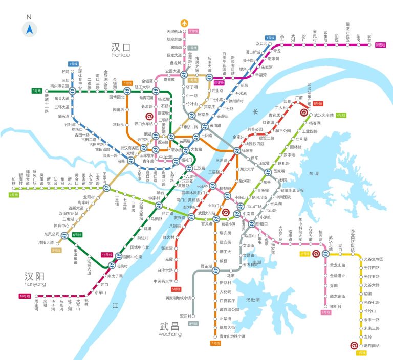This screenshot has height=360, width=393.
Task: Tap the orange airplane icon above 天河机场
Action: pos(185,23)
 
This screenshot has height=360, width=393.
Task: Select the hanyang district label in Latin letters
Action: pos(35,284)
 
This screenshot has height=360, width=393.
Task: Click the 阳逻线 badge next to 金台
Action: pos(381,46)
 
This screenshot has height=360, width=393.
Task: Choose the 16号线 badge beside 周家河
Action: pos(24,296)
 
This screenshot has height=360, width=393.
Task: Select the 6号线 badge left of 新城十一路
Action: pos(36,91)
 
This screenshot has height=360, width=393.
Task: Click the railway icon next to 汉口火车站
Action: pos(150,116)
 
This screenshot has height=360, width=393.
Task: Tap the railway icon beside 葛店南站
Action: pos(354,345)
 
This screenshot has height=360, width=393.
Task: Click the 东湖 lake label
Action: pos(313,174)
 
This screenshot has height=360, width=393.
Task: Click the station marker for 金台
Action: pos(369,44)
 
